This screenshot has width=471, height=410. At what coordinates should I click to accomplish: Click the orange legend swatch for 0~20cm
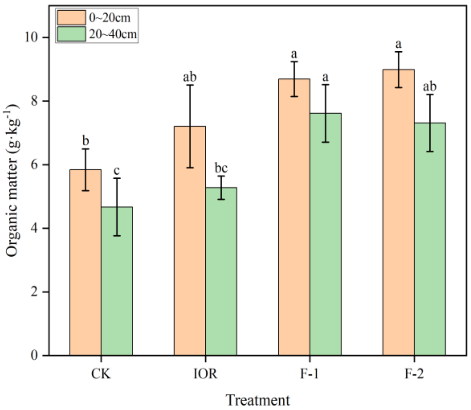[71, 18]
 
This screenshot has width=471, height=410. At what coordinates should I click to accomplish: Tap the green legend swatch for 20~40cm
[71, 34]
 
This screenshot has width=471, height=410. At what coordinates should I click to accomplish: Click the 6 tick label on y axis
[34, 165]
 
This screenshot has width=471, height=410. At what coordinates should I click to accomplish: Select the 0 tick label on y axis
[34, 355]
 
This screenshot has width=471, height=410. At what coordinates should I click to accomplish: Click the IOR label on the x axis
[205, 374]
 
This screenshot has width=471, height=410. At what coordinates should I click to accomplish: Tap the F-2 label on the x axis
[414, 374]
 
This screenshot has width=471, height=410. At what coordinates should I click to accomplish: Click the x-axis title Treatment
[258, 400]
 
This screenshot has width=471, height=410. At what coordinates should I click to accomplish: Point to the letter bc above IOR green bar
[221, 168]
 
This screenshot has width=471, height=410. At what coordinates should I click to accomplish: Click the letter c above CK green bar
[117, 171]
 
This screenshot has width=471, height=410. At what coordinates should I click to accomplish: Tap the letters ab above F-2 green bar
[430, 86]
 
